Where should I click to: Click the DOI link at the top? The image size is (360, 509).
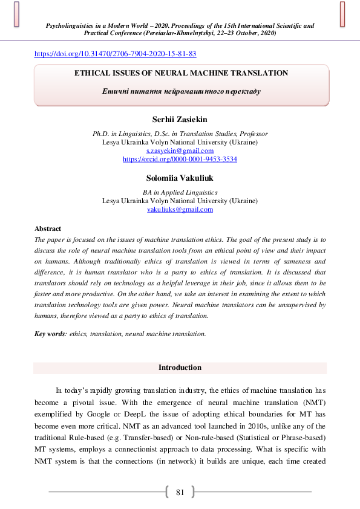[x=115, y=54]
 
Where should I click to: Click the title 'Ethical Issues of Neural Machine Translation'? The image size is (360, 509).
[x=180, y=73]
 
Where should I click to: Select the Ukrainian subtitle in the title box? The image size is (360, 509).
[x=180, y=91]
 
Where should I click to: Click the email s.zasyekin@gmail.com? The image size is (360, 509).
[x=180, y=151]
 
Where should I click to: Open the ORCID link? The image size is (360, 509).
[x=180, y=159]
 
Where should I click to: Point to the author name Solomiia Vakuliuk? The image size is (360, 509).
[x=180, y=178]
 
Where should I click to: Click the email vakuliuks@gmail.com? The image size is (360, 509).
[x=180, y=209]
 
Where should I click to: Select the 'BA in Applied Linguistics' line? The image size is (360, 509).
[x=180, y=192]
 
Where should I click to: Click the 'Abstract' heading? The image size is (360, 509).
[x=48, y=229]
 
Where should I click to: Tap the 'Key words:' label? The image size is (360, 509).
[x=51, y=333]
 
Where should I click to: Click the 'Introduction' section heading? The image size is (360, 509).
[x=180, y=368]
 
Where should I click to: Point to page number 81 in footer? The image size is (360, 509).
[x=180, y=492]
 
